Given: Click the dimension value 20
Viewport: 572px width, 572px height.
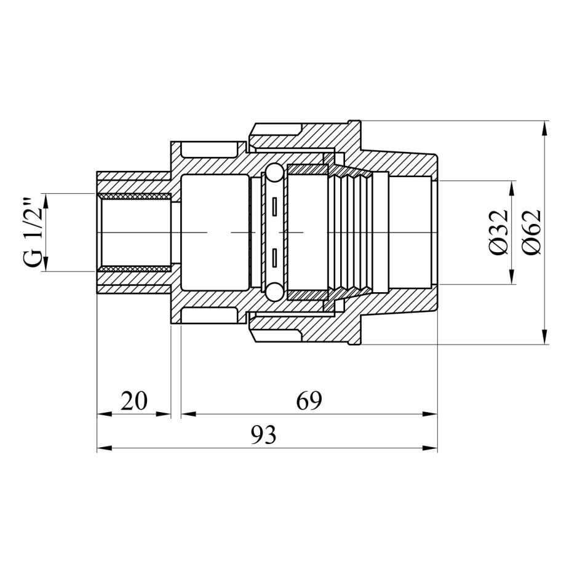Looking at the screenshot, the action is tap(134, 400).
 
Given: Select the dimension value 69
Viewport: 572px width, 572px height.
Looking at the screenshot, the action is tap(309, 400).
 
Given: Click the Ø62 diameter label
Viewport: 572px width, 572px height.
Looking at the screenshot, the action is tap(531, 232).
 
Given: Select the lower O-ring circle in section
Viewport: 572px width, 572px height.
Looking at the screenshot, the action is tap(274, 292).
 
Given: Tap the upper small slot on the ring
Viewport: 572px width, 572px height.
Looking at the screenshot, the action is tap(274, 207).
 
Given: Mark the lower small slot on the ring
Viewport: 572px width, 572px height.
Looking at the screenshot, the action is tap(274, 258).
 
